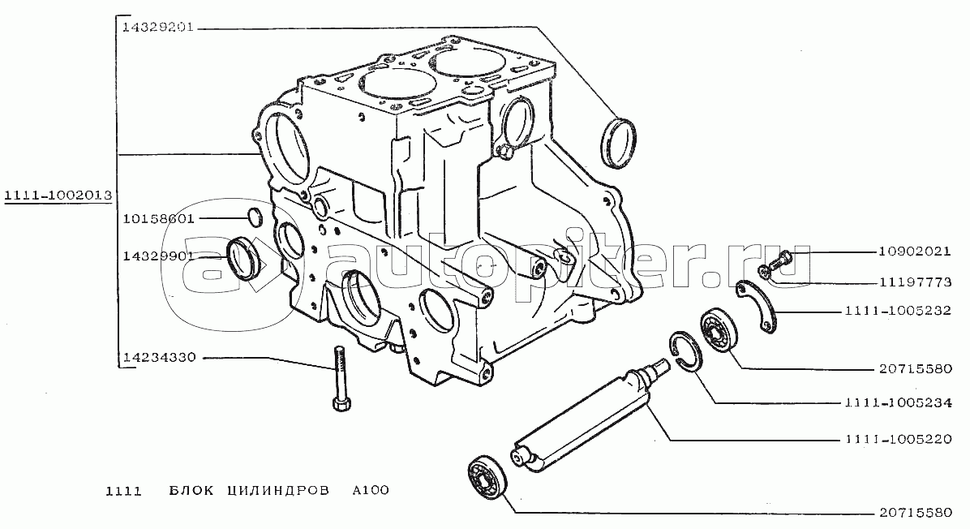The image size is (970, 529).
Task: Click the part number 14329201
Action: coord(158,28)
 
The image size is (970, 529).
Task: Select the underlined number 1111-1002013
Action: coord(58,196)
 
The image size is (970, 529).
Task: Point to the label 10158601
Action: coord(158,218)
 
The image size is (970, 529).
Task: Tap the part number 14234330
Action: coord(159,357)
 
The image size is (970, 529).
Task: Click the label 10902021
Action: coord(914,252)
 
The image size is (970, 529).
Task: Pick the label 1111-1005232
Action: coord(898,311)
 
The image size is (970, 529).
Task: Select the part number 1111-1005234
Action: coord(899,402)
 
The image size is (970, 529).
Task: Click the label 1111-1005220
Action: coord(899,439)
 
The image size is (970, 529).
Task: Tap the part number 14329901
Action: coord(158,256)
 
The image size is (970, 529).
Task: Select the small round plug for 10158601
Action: coord(255,217)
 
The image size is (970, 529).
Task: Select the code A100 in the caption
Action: coord(371,490)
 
